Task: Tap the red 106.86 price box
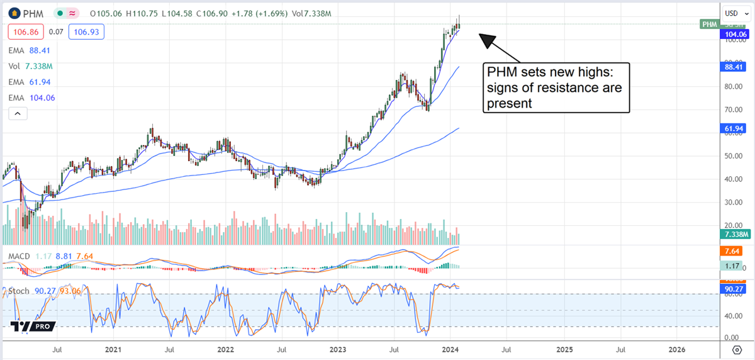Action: point(23,30)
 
